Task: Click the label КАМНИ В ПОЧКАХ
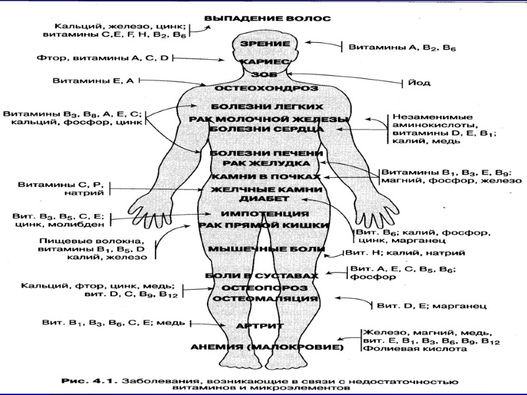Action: [x=266, y=177]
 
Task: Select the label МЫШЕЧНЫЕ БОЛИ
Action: [x=266, y=249]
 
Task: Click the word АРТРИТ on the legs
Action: [x=260, y=326]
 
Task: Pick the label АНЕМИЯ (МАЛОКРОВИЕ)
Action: [x=266, y=346]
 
